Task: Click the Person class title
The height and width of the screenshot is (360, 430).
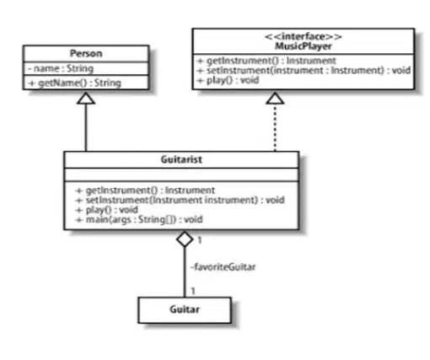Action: [x=86, y=53]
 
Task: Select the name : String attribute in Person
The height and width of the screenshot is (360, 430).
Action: [x=61, y=68]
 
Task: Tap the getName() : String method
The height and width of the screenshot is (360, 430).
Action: [x=75, y=83]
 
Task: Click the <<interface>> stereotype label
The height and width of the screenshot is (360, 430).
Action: [x=304, y=36]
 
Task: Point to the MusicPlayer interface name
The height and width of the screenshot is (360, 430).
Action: [x=304, y=46]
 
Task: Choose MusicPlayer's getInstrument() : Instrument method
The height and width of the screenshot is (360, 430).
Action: [x=266, y=61]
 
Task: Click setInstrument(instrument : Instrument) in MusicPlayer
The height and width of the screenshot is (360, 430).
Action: [x=304, y=70]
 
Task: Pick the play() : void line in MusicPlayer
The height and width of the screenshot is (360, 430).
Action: [x=228, y=80]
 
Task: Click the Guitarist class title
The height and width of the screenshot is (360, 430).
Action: [x=181, y=159]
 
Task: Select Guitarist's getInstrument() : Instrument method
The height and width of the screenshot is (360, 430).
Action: [x=145, y=191]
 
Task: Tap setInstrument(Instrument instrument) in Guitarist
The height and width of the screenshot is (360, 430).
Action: [x=180, y=200]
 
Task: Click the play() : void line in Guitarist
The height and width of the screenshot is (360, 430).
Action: [x=107, y=210]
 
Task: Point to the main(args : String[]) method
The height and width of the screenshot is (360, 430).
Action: [x=139, y=219]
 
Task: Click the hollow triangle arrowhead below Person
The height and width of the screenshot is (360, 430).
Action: [x=86, y=98]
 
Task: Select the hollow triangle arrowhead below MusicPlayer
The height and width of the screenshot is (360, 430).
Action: [x=275, y=98]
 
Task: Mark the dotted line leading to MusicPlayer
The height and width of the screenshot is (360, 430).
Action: [x=275, y=127]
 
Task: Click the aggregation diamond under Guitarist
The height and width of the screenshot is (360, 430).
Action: [x=185, y=239]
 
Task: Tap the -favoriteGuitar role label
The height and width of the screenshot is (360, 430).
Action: [x=223, y=266]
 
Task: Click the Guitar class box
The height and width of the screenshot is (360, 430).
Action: [x=185, y=310]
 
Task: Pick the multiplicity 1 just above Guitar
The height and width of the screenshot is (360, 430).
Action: [x=193, y=291]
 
